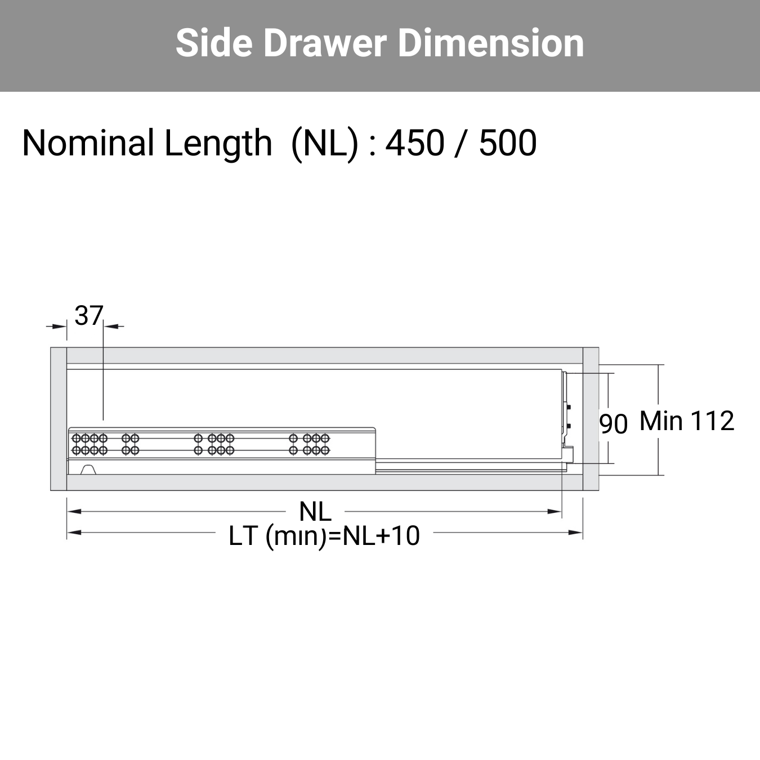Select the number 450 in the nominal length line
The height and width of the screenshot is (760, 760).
pyautogui.click(x=414, y=143)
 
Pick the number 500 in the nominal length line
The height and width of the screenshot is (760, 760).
pyautogui.click(x=508, y=143)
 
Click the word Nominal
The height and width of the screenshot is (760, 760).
pyautogui.click(x=88, y=143)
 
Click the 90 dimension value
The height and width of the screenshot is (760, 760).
pyautogui.click(x=613, y=424)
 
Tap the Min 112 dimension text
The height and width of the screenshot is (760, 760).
pyautogui.click(x=687, y=421)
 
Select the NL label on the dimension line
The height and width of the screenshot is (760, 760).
pyautogui.click(x=315, y=512)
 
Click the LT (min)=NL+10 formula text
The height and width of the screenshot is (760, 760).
pyautogui.click(x=324, y=537)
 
